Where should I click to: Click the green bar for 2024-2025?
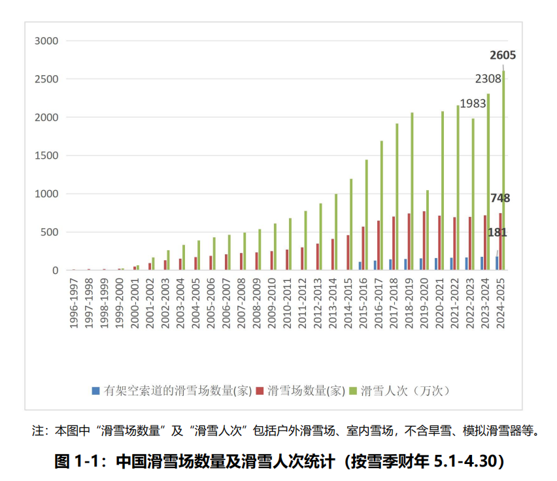tap(503, 170)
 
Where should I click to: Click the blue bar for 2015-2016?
tap(360, 266)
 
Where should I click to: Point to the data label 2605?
tap(503, 56)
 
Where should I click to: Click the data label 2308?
tap(488, 78)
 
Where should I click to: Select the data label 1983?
tap(473, 104)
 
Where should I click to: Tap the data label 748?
tap(499, 198)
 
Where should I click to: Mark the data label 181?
tap(497, 232)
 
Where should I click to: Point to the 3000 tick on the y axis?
tap(46, 41)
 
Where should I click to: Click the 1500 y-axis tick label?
tap(46, 156)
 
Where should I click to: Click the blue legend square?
tap(96, 391)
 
